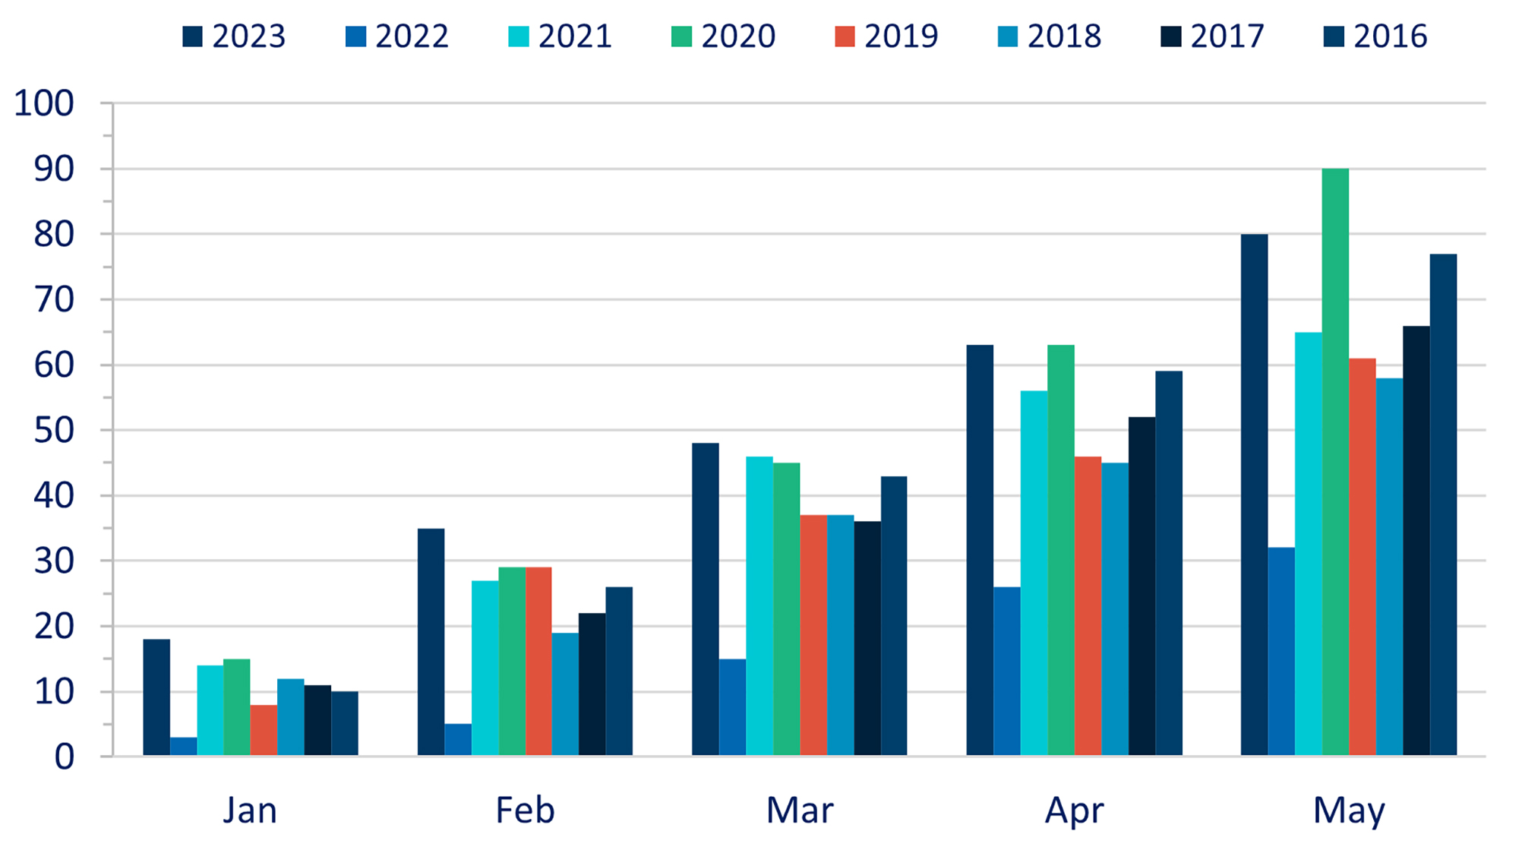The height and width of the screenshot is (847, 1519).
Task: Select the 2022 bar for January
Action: pos(183,747)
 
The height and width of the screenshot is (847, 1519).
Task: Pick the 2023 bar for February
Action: pos(431,642)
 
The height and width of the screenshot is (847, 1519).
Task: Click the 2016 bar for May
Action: pos(1443,504)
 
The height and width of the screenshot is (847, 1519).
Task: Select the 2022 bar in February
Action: pos(458,740)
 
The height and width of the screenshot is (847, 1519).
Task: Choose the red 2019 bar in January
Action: pos(264,730)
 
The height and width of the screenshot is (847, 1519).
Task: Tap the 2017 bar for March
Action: pos(867,638)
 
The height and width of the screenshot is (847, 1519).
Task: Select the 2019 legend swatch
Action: pos(844,36)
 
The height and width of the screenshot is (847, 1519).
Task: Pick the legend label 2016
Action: pos(1390,36)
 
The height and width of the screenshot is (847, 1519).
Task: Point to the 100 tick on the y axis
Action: pos(44,103)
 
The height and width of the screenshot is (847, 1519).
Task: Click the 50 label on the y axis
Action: pos(53,431)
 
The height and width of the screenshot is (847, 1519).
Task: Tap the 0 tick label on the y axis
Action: pos(64,757)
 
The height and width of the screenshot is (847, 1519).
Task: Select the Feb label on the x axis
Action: pos(525,810)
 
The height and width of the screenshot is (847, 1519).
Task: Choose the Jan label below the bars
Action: pos(250,810)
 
